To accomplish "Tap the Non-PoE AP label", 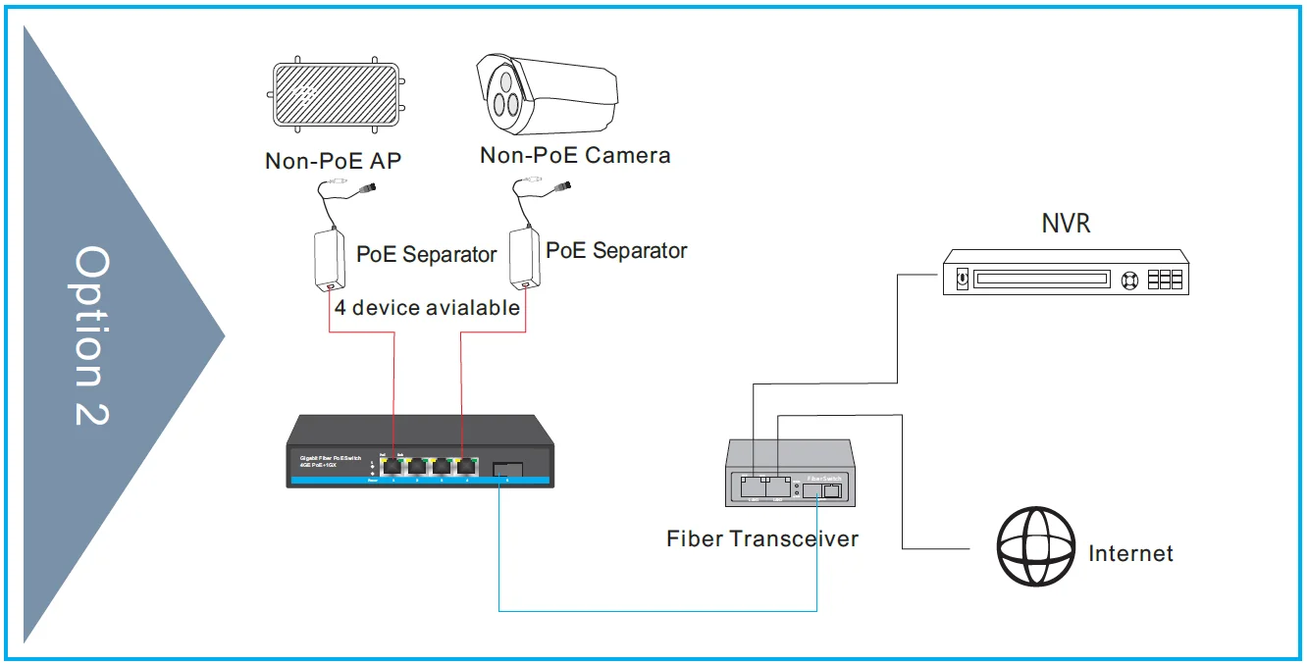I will pos(333,161).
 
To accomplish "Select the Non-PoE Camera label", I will pos(575,155).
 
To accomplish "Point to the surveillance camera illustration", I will pos(546,92).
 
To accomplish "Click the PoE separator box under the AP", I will pos(326,260).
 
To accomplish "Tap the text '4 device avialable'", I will pos(427,308).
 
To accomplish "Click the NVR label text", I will pos(1066,224).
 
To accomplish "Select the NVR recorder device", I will pos(1066,272).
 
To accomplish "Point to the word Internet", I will pos(1130,553).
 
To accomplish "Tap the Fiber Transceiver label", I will pos(762,538).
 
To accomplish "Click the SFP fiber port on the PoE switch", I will pos(507,467).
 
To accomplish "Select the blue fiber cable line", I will pos(657,611).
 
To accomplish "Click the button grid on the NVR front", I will pos(1165,279).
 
